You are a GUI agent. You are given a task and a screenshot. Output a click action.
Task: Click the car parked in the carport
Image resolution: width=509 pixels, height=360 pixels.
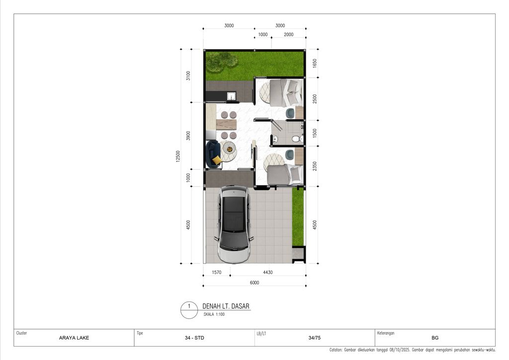(x=234, y=224)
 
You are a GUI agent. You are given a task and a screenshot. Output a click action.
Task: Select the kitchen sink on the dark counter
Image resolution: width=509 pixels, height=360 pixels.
(x=231, y=96)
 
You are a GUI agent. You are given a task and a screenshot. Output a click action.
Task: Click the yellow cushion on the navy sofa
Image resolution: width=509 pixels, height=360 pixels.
(x=216, y=160)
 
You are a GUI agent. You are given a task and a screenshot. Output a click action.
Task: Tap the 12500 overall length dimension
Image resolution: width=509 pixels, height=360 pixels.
(x=177, y=156)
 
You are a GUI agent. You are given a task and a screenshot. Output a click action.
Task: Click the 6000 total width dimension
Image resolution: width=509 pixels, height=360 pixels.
(x=254, y=282)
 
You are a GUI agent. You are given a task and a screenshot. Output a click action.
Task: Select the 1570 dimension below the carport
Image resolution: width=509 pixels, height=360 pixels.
(x=216, y=272)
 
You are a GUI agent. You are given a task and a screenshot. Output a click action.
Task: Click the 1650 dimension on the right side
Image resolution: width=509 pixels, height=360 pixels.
(x=315, y=63)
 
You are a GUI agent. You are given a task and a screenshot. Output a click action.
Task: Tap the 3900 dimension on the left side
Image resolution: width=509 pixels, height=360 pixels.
(x=188, y=136)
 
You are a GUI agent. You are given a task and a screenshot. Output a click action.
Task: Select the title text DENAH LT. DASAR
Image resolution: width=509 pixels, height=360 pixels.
(x=226, y=306)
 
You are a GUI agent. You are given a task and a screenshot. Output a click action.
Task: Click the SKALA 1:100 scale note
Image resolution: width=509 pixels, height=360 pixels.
(x=214, y=314)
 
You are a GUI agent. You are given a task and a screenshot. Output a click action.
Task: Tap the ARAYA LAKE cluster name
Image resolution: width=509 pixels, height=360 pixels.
(x=74, y=338)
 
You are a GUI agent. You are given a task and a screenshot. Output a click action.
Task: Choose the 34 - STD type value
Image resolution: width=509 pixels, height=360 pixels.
(x=194, y=338)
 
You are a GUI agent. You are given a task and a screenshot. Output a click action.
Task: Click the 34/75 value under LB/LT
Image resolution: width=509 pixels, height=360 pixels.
(x=314, y=338)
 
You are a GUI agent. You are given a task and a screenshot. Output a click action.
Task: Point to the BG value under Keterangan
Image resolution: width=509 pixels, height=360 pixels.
(x=435, y=338)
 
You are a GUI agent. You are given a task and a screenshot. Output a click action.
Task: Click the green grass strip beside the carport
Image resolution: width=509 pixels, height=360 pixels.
(x=298, y=217)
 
